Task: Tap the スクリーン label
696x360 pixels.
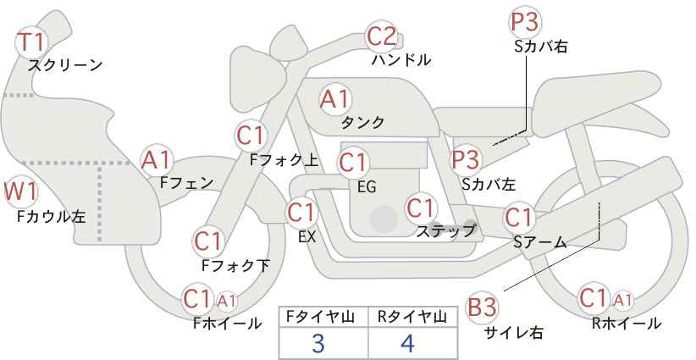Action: pos(65,64)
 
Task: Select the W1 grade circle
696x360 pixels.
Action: pos(20,192)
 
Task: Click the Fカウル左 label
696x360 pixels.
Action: pos(51,217)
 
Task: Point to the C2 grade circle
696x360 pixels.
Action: pos(382,36)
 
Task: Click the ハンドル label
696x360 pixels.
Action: pos(401,60)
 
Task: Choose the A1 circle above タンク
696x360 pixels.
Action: pos(334,99)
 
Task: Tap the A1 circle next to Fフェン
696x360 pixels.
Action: pos(157,158)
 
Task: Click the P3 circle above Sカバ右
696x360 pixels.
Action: pos(526,23)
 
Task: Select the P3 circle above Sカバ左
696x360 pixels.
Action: pos(466,158)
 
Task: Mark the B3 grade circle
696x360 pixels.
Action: pos(483,307)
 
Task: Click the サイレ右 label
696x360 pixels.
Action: pos(513,333)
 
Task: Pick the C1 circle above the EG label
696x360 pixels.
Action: pos(353,161)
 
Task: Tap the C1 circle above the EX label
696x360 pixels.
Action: pos(301,212)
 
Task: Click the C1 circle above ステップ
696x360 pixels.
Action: pos(421,207)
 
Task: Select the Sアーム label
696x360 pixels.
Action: pos(539,242)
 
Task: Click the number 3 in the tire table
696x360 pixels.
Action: pos(318,344)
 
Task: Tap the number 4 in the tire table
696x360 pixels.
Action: pos(408,344)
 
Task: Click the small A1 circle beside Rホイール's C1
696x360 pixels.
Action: pos(622,300)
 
